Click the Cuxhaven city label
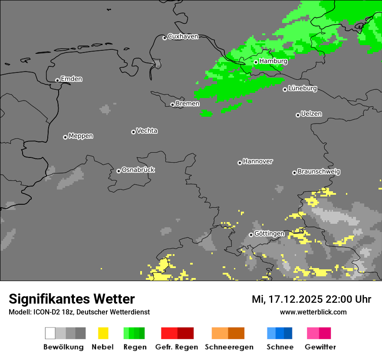point(183,36)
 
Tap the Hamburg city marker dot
point(256,62)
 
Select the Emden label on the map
point(71,79)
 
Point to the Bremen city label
point(188,104)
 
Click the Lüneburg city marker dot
point(285,89)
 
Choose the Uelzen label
point(311,114)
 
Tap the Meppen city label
point(81,136)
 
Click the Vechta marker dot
point(133,132)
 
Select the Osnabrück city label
point(138,170)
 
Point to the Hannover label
point(258,161)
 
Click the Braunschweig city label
point(319,171)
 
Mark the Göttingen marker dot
point(251,235)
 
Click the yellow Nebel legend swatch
point(103,333)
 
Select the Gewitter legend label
point(320,347)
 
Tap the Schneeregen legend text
point(229,347)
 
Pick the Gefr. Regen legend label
point(177,347)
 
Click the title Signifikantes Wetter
point(72,299)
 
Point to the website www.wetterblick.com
point(313,312)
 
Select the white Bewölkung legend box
point(50,333)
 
